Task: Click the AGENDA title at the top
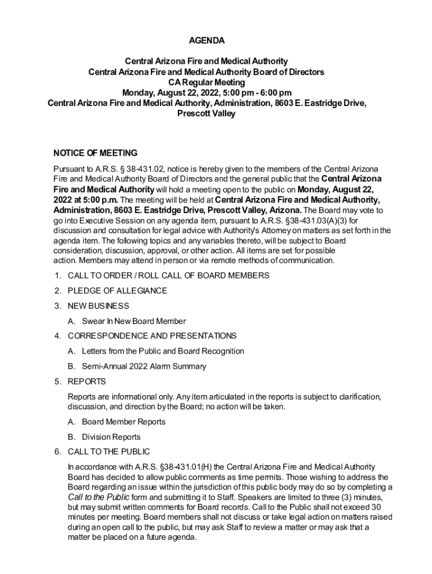(206, 40)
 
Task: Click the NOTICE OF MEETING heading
(95, 153)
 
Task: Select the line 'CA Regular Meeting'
(206, 82)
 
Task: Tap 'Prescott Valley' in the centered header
(206, 114)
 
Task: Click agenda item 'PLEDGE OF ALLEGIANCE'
(117, 291)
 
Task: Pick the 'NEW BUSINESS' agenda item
(98, 306)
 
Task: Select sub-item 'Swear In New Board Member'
(134, 321)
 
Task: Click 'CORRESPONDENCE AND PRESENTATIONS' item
(152, 336)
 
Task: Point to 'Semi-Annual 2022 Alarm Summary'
(144, 367)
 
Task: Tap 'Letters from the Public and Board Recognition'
(163, 351)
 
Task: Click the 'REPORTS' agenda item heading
(86, 382)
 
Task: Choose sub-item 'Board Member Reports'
(123, 422)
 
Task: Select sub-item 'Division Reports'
(111, 437)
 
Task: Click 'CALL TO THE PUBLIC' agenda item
(109, 452)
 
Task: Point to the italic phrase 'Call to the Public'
(98, 497)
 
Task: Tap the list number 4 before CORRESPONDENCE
(57, 336)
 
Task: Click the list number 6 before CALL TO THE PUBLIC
(57, 452)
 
